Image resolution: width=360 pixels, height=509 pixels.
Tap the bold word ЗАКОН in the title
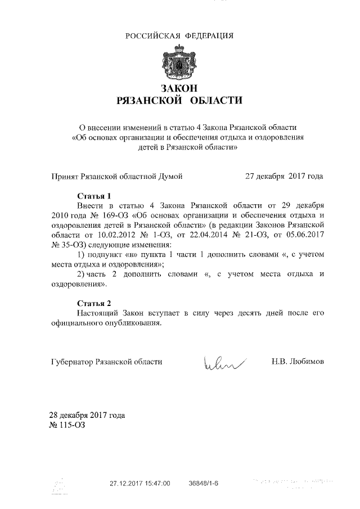(x=179, y=88)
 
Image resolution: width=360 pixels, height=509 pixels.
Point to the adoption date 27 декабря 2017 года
(x=284, y=177)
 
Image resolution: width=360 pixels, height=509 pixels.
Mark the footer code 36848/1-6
(x=204, y=483)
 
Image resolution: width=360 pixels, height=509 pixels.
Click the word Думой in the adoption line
(x=169, y=177)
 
